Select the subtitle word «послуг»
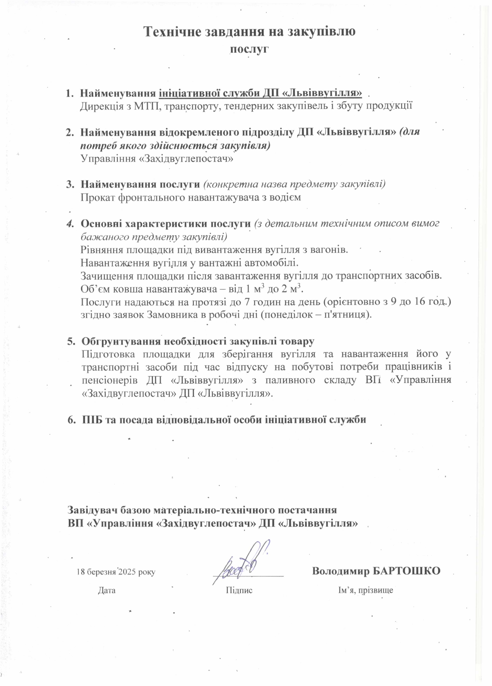click(250, 49)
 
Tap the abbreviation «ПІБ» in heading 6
click(92, 420)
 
